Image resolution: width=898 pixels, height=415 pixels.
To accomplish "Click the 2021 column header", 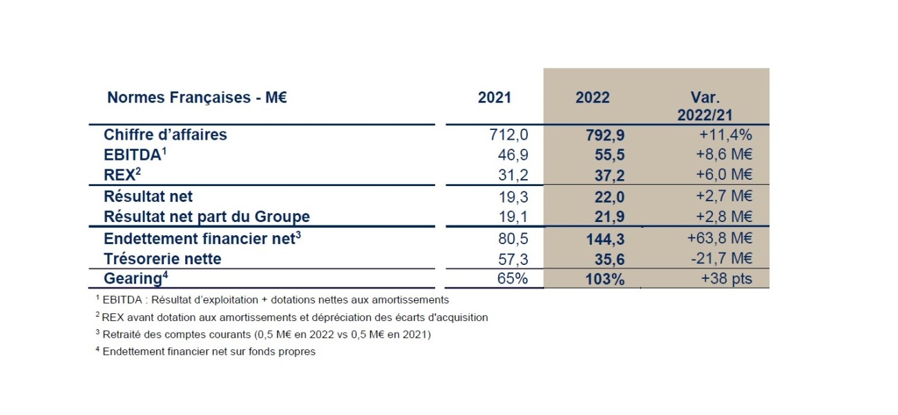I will click(x=494, y=98).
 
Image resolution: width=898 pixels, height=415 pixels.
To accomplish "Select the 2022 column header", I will click(x=592, y=98).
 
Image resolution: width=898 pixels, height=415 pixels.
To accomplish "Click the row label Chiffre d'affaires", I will click(x=165, y=135).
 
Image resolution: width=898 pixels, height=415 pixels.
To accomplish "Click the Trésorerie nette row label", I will click(x=162, y=259).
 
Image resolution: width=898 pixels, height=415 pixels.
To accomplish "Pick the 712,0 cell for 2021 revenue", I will click(x=508, y=135).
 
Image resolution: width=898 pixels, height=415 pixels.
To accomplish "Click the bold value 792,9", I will click(x=605, y=135).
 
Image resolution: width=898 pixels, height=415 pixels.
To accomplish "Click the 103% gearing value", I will click(x=606, y=279).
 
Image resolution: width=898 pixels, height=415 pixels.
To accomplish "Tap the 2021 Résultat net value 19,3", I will click(x=512, y=197).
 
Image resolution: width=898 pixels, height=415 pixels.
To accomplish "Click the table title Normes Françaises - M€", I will click(x=197, y=98).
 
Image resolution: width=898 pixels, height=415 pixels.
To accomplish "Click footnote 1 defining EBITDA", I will click(x=272, y=300).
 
